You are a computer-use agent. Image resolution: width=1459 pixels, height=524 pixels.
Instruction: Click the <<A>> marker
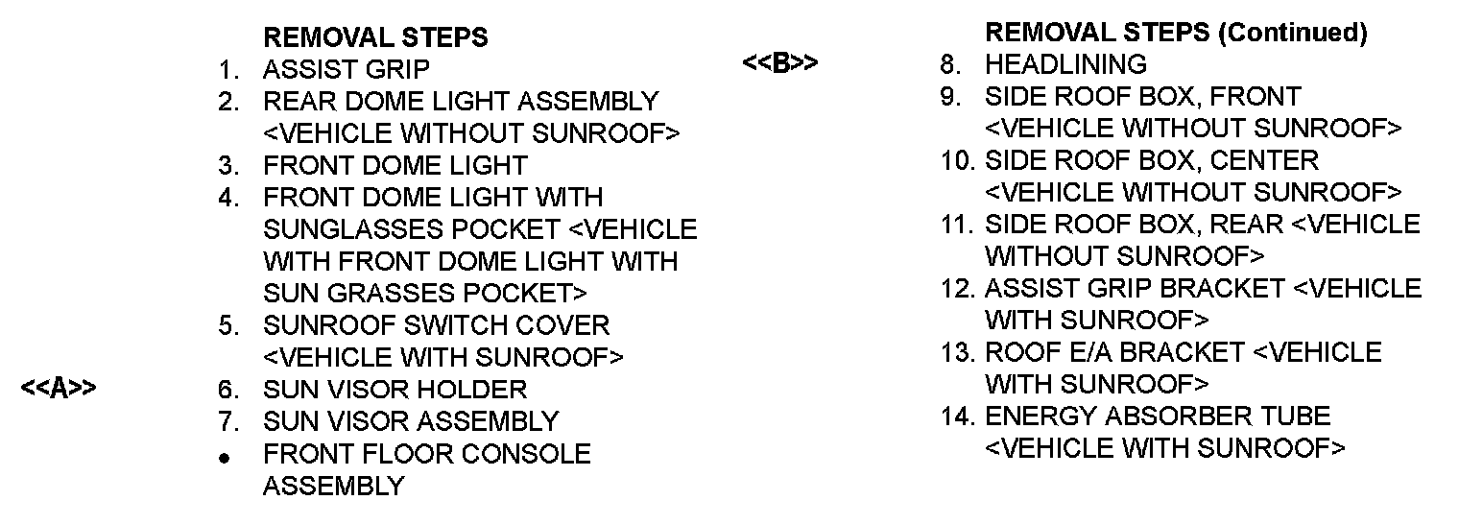(x=59, y=389)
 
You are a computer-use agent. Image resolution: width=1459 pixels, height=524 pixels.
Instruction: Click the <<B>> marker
(x=780, y=64)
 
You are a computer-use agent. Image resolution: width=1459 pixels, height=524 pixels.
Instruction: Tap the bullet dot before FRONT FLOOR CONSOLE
(x=225, y=459)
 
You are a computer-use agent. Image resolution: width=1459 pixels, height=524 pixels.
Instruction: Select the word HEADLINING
(x=1065, y=64)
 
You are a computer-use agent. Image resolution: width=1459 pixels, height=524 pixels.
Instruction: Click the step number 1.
(x=227, y=69)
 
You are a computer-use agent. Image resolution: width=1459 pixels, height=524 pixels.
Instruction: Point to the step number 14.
(x=957, y=417)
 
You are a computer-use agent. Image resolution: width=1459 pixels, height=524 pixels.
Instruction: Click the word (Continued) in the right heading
(x=1292, y=33)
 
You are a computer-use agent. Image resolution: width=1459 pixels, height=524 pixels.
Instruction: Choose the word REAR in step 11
(x=1247, y=224)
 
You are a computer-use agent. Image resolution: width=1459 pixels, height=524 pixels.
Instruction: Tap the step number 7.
(x=227, y=421)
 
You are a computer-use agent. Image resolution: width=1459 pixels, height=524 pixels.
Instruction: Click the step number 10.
(x=957, y=159)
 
